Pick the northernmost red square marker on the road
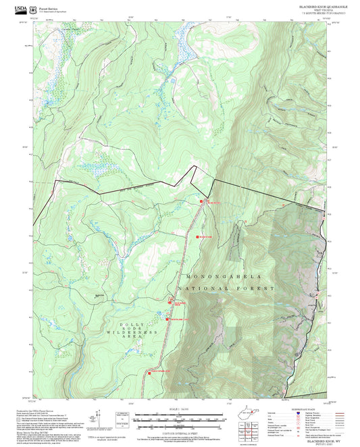point(201,201)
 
